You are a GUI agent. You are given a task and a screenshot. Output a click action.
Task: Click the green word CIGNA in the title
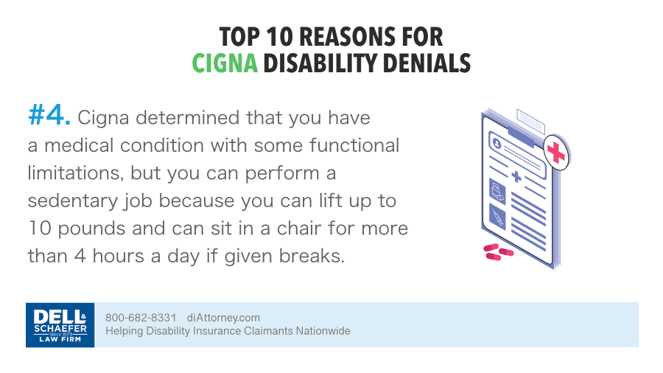coord(225,63)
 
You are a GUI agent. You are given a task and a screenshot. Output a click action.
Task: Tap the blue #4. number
coord(49,116)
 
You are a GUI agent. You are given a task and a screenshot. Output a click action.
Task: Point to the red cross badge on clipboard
coord(556,153)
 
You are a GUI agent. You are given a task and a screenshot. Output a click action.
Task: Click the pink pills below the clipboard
coord(498,251)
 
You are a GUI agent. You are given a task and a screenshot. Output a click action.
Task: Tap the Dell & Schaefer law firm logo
coord(60,325)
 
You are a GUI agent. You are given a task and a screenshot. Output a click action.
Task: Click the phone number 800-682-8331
coord(141,318)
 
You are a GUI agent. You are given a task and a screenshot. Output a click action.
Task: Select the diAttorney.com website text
coord(223,318)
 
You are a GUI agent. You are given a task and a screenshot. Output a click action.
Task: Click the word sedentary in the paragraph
coord(73,201)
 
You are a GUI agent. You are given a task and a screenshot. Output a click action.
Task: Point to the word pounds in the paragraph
coord(91,229)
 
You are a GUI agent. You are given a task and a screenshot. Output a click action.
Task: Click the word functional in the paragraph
coord(354,145)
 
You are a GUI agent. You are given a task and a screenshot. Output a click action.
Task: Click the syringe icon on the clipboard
coord(498,217)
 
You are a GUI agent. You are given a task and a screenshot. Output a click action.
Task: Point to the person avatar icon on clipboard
coord(497,144)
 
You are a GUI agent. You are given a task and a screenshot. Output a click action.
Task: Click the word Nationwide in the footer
coord(323,331)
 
